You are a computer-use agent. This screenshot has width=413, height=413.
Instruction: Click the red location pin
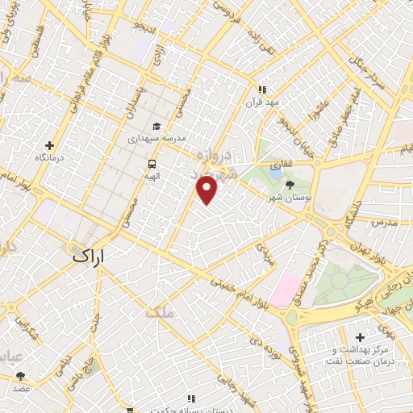tap(208, 190)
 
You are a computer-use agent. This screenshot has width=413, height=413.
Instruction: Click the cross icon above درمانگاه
tap(50, 146)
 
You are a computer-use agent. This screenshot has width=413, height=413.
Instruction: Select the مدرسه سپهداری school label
tap(156, 139)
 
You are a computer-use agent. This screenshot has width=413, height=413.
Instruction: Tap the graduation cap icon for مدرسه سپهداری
tap(156, 126)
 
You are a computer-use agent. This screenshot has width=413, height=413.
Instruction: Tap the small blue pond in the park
tap(275, 171)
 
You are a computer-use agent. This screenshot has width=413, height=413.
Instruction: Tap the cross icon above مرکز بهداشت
tap(360, 337)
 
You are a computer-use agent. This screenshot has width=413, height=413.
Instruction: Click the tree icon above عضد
tap(20, 375)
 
